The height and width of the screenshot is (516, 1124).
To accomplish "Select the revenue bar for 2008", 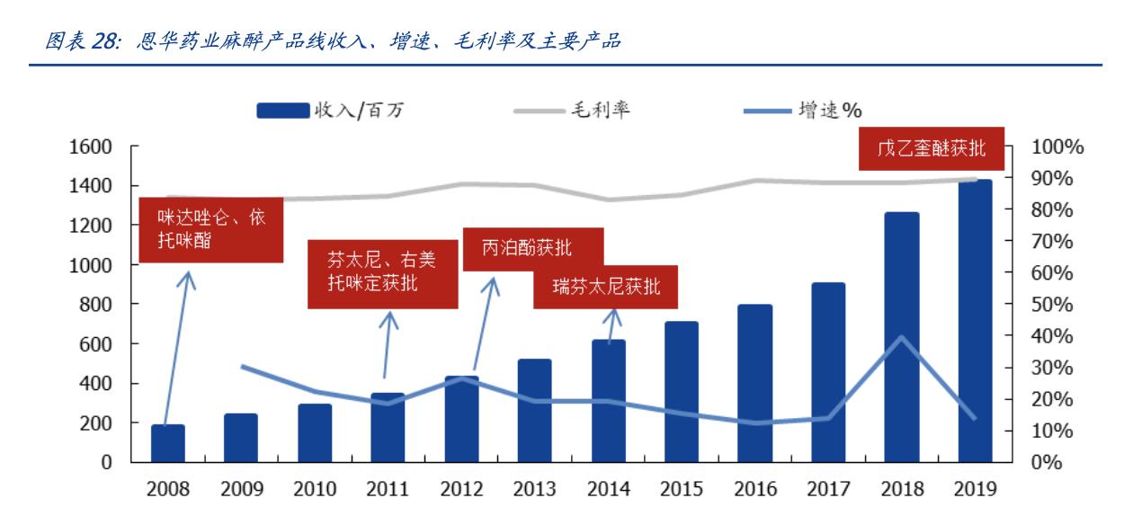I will [x=167, y=443].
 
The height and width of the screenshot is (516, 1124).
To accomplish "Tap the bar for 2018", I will [x=901, y=337].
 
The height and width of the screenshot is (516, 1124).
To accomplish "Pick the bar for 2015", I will [x=682, y=392].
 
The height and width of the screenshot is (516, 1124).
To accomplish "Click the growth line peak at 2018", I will [x=901, y=337].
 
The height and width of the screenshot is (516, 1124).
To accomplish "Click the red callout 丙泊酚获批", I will [x=532, y=249].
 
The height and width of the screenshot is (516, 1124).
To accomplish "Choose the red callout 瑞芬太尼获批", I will [x=605, y=287].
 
